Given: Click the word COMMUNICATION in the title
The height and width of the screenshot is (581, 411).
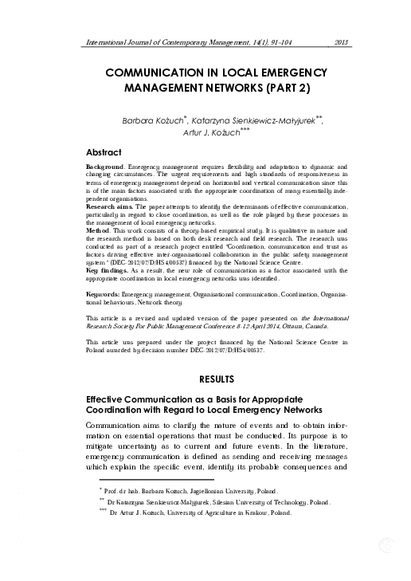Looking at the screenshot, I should [159, 73].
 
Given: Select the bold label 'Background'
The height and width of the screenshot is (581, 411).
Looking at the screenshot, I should [104, 166].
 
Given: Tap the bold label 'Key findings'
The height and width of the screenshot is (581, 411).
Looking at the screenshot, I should [107, 270].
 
